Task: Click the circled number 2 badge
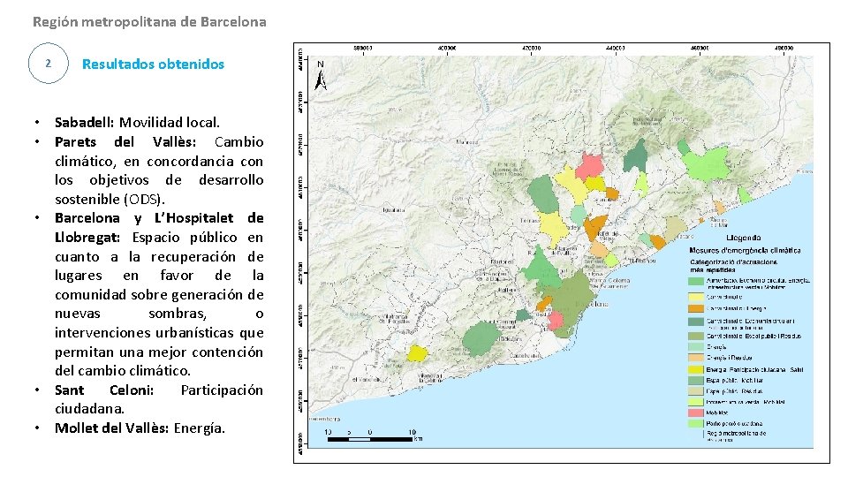click(48, 64)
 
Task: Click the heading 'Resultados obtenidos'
click(153, 64)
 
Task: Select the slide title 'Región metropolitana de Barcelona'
click(148, 20)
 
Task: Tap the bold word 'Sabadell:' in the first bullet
click(85, 122)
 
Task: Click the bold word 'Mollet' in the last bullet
click(76, 428)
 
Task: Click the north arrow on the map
click(321, 75)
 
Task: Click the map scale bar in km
click(370, 435)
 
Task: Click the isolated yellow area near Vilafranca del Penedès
click(417, 353)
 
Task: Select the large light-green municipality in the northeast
click(707, 165)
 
